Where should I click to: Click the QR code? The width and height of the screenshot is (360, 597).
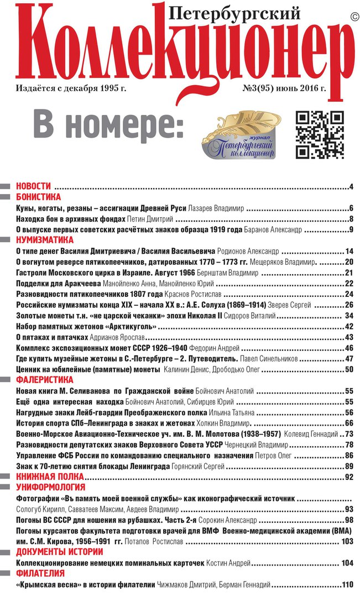[320, 134]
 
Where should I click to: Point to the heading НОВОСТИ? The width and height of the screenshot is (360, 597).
[33, 186]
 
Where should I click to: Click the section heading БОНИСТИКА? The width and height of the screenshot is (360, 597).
[38, 197]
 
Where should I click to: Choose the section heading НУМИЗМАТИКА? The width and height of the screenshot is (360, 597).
[44, 240]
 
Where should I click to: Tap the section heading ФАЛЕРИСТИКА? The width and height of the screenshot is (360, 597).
[44, 380]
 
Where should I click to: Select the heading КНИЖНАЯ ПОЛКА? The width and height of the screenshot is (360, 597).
[49, 476]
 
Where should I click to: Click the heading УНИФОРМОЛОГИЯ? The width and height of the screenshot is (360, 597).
[50, 487]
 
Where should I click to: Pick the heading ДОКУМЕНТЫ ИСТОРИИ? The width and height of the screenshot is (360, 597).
[58, 552]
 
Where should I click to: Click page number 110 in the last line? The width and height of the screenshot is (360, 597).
[347, 585]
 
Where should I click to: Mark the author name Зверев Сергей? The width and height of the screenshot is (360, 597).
[290, 305]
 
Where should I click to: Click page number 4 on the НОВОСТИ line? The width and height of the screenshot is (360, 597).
[351, 186]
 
